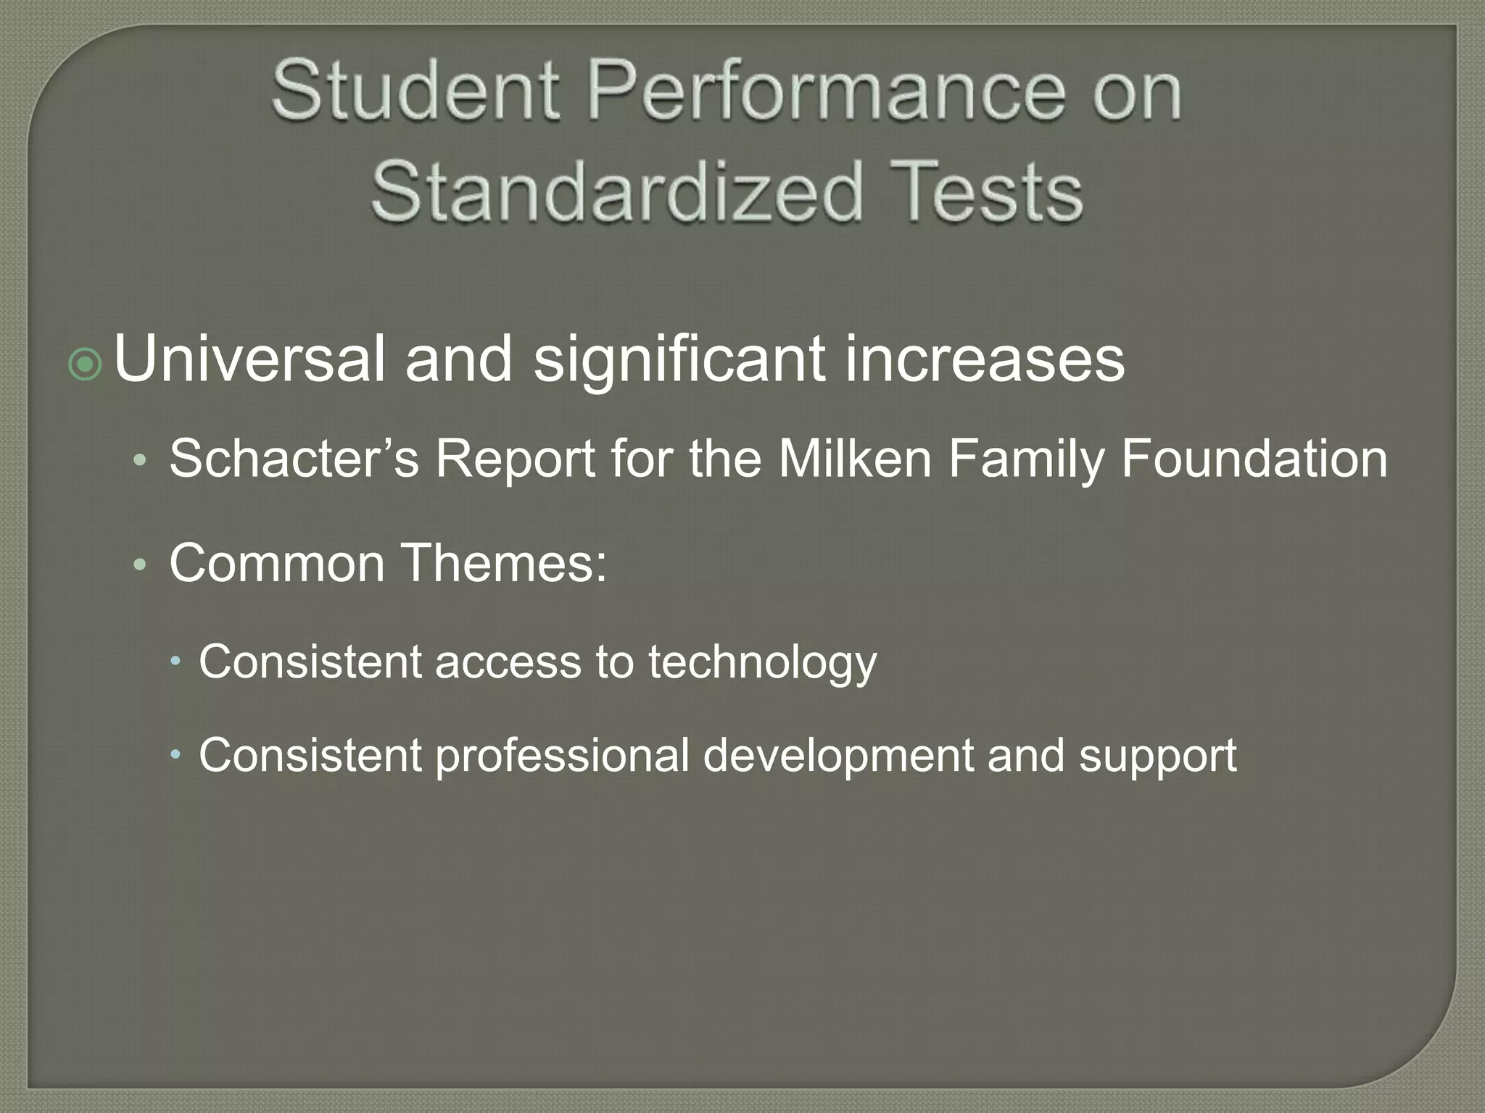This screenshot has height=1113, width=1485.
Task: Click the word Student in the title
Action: (x=415, y=91)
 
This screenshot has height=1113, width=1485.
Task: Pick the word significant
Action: (x=679, y=360)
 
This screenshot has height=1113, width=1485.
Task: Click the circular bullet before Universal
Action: (x=86, y=365)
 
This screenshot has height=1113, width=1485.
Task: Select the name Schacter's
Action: (x=294, y=459)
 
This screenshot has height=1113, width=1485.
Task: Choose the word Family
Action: (x=1026, y=460)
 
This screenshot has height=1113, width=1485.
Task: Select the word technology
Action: (x=762, y=663)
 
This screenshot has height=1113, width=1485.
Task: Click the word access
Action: (x=508, y=662)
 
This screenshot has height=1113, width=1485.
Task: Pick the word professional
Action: (x=562, y=756)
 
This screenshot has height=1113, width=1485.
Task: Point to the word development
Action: (x=838, y=756)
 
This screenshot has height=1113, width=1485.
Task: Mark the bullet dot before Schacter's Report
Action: (x=141, y=460)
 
